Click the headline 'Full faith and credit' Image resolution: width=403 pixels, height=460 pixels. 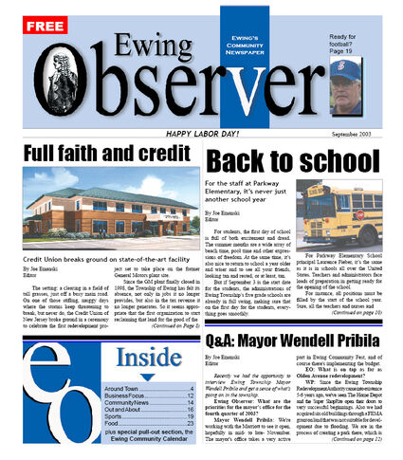pos(98,153)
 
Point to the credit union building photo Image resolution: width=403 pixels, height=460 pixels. pos(99,214)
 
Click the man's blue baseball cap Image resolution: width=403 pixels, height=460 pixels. pos(348,69)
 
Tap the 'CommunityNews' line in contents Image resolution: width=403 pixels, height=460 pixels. pos(129,402)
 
